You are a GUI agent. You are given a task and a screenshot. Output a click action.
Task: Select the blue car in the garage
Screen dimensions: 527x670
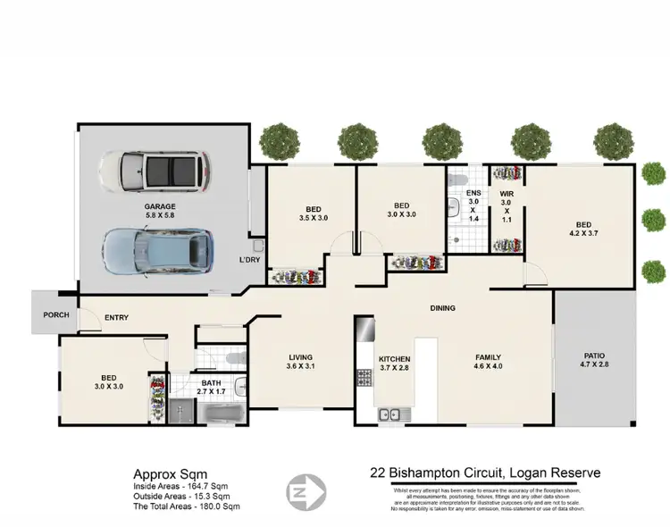pyautogui.click(x=157, y=250)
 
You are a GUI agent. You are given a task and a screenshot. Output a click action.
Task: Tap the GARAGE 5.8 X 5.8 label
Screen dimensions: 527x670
pyautogui.click(x=161, y=211)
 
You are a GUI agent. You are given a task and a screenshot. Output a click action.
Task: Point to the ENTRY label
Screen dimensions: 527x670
pyautogui.click(x=117, y=317)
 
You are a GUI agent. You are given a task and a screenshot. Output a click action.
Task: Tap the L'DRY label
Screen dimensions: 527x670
pyautogui.click(x=248, y=260)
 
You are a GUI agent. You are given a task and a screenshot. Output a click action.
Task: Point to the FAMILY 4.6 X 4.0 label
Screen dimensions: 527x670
pyautogui.click(x=488, y=360)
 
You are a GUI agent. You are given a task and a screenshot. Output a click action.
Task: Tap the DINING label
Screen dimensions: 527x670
pyautogui.click(x=442, y=308)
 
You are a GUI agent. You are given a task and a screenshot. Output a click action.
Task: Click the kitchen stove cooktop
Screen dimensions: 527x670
pyautogui.click(x=364, y=378)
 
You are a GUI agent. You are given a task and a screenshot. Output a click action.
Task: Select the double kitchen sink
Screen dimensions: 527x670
pyautogui.click(x=389, y=414)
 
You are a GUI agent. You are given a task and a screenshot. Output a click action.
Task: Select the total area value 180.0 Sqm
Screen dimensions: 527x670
pyautogui.click(x=219, y=506)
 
